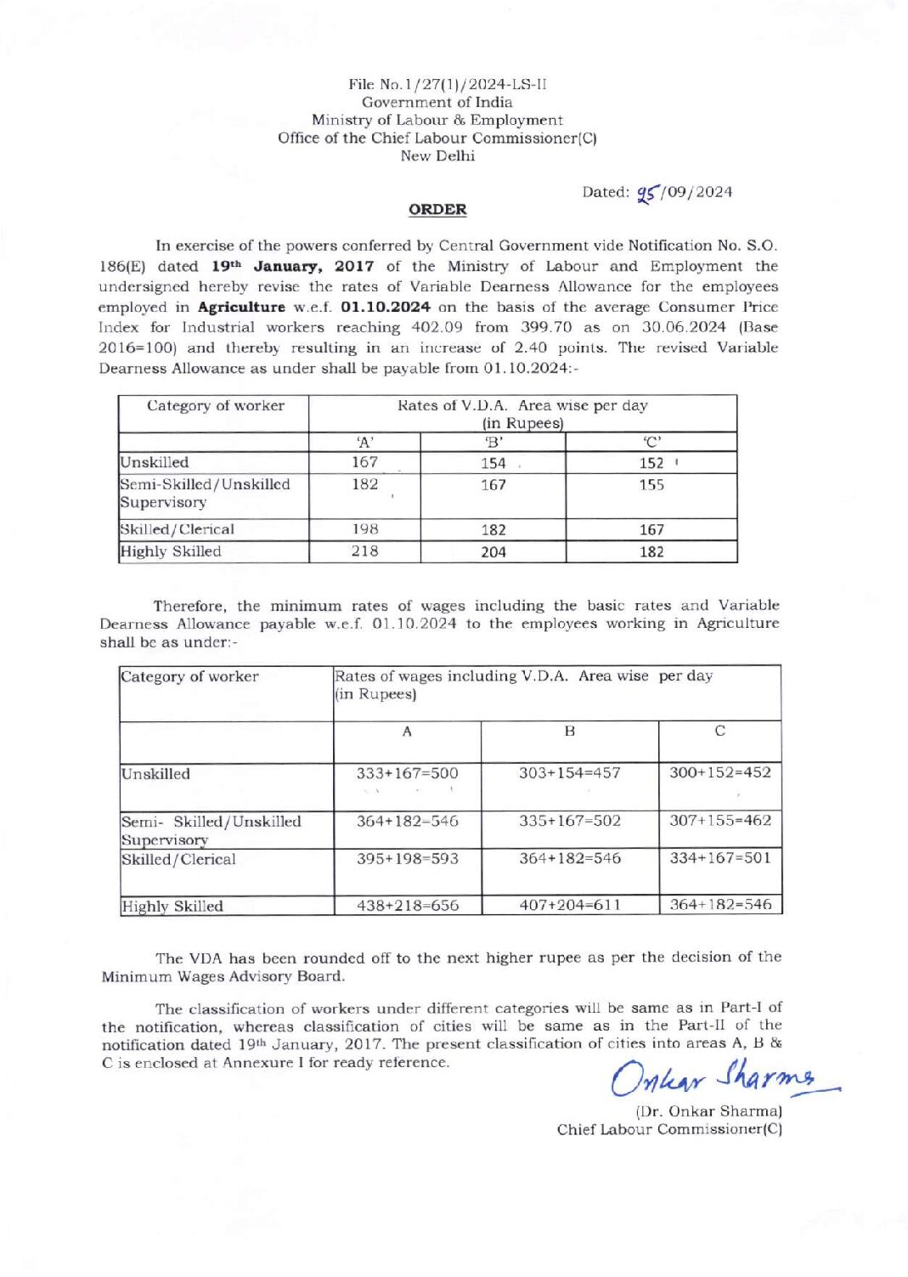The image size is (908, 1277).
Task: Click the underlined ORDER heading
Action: coord(437,210)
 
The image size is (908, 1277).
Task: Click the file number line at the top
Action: coord(448,84)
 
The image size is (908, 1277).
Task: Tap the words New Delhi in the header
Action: coord(437,156)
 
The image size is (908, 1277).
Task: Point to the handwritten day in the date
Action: coord(648,193)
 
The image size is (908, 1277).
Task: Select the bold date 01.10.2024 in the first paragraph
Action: coord(386,308)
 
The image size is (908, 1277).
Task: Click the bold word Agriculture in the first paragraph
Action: coord(241,308)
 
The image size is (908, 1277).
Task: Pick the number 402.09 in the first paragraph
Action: coord(437,328)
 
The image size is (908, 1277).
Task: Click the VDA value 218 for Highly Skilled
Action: coord(364,551)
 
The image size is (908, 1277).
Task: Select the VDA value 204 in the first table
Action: coord(493,552)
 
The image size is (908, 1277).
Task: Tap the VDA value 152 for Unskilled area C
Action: coord(651,463)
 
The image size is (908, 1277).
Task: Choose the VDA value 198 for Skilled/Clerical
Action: coord(364,529)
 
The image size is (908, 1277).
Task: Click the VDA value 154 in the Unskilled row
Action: coord(493,463)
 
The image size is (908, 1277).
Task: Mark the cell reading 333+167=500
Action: coord(407,774)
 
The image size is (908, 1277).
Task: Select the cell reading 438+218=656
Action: coord(407,906)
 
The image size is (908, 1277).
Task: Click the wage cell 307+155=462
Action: coord(720,821)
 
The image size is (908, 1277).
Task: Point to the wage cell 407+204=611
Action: coord(570,906)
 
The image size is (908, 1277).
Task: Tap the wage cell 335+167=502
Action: coord(570,822)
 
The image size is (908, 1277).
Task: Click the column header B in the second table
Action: coord(570,732)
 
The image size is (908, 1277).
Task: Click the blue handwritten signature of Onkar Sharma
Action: coord(719,1079)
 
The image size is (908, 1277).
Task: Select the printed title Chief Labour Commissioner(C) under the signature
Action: coord(669,1130)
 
